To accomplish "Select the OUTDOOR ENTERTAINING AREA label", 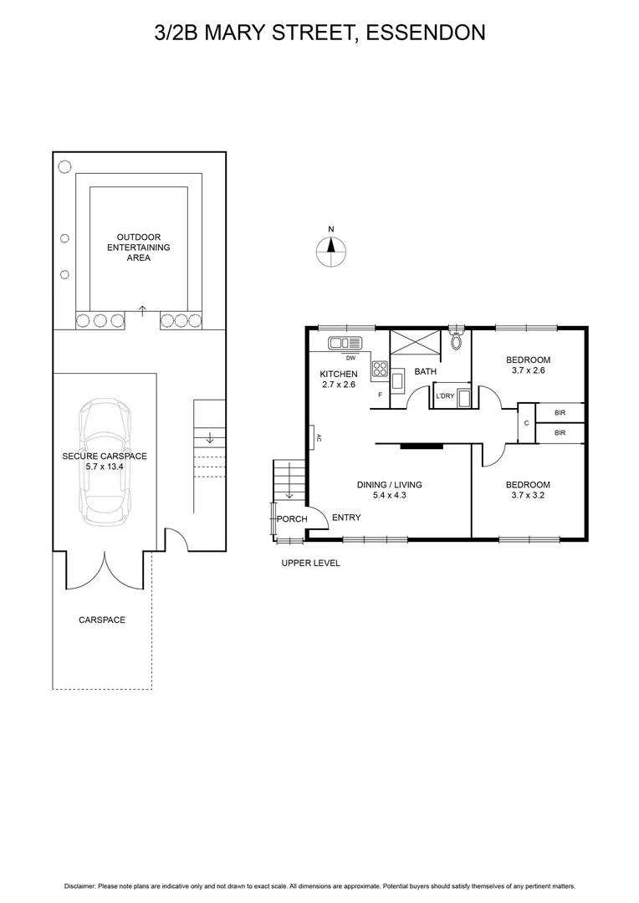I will (138, 247).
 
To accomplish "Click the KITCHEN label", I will (339, 374).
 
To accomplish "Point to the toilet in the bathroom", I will (456, 340).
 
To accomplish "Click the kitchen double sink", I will (343, 342).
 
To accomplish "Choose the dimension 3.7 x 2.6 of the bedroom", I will (528, 370).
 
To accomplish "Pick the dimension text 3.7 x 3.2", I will (528, 496).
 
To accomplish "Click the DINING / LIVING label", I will (389, 484).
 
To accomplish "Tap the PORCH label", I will (293, 519).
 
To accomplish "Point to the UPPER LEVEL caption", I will (310, 563).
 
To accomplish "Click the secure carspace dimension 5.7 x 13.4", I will (105, 467).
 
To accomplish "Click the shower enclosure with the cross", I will (415, 344).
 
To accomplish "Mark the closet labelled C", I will (526, 423).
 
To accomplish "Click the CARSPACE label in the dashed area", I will (102, 620).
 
